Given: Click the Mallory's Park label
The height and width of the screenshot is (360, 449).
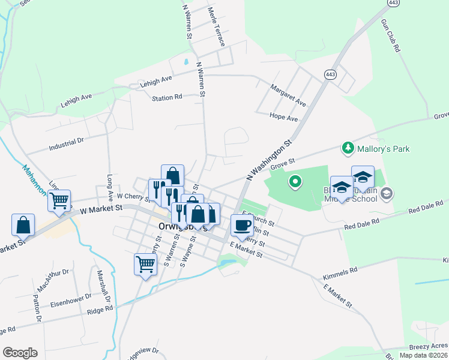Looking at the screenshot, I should point(379,147).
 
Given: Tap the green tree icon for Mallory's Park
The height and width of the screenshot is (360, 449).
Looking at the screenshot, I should point(347,147).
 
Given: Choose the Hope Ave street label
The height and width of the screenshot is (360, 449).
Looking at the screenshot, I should point(283,118).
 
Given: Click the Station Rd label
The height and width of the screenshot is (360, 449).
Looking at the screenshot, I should point(167,98).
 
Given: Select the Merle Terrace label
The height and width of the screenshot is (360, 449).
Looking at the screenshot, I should point(215,28).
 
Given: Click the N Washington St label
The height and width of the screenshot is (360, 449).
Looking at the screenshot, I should point(269,160).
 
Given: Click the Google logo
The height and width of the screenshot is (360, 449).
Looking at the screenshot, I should point(20,353).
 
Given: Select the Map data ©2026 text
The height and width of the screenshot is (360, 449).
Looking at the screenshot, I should point(424,355).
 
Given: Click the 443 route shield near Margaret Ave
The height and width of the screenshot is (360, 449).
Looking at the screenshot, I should point(330,74).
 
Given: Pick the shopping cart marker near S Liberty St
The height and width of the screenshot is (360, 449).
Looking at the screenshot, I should point(145,264).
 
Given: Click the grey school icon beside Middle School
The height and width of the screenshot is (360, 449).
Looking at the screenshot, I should point(386,193).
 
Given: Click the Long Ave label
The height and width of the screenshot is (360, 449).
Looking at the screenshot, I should point(110,188).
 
